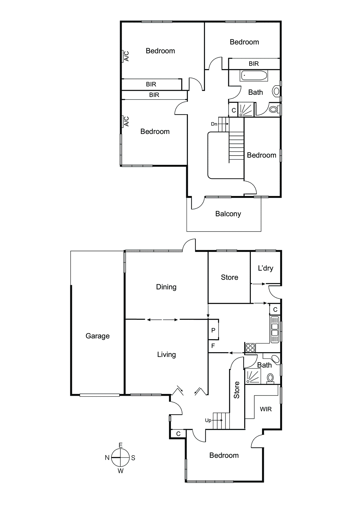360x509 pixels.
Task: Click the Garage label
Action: coord(97,336)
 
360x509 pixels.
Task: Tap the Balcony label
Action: coord(228,214)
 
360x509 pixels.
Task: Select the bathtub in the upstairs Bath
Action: coord(254,76)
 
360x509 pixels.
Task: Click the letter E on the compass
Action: coord(121,445)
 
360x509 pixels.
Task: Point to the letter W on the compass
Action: coord(120,471)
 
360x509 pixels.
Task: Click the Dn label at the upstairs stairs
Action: coord(214,124)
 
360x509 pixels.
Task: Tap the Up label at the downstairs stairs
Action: coord(208,420)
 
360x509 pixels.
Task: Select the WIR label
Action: coord(265,409)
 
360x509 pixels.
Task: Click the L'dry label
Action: coord(265,268)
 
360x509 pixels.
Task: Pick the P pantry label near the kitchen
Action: coord(213,330)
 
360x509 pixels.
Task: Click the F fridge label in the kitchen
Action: coord(213,346)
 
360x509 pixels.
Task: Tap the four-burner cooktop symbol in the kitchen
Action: coord(250,348)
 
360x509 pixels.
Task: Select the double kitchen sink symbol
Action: coord(274,330)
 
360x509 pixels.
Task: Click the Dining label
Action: coord(166,287)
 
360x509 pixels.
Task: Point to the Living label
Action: coord(166,354)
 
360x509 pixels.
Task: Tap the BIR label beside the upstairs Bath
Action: coord(254,64)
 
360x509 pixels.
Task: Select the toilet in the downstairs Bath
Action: coord(270,378)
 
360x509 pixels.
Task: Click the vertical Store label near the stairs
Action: coord(236,390)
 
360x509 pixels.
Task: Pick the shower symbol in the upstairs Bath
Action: coord(247,110)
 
